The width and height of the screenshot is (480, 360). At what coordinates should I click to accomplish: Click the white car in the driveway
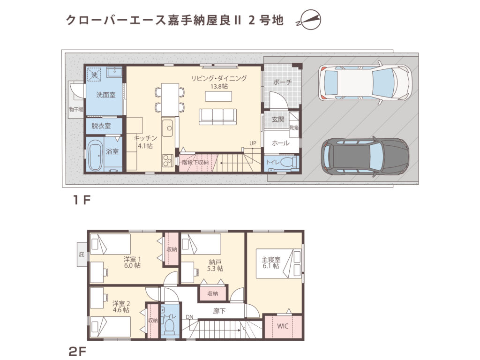click(x=365, y=83)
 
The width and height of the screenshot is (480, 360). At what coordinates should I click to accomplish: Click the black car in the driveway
click(x=365, y=157)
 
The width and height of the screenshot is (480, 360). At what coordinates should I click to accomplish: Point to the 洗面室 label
click(x=106, y=95)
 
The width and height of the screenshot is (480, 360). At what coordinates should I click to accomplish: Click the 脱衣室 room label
click(x=101, y=126)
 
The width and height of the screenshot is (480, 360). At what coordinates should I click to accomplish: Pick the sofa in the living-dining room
click(x=217, y=116)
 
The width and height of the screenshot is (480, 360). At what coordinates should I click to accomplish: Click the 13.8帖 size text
click(x=219, y=87)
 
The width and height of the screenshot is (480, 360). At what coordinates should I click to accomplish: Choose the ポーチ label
click(x=282, y=82)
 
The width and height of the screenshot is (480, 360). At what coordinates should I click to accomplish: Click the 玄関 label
click(x=278, y=120)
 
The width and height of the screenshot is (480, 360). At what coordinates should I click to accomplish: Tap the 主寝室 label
click(x=270, y=259)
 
